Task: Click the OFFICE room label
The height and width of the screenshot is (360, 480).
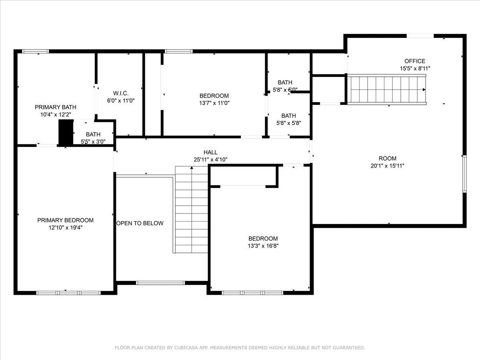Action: coord(415,61)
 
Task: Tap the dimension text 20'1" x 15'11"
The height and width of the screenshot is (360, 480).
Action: coord(387,166)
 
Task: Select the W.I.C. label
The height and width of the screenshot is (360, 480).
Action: coord(121,93)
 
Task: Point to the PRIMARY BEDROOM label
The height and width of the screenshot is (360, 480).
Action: coord(65,220)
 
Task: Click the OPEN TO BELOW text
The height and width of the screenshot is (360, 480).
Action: coord(140,223)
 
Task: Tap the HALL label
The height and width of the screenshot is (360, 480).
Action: coord(210,152)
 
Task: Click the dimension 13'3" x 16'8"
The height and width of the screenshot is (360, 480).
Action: coord(263,246)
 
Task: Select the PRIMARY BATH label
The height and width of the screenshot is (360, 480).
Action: coord(56,107)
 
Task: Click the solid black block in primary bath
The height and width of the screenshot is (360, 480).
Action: coord(66,132)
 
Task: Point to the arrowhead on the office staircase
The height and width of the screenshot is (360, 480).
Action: coord(424,90)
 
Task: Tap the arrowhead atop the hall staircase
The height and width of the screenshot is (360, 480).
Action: coord(192,168)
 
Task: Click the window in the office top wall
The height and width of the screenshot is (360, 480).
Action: coord(420,36)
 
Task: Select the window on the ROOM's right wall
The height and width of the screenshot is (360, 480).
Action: coord(464,174)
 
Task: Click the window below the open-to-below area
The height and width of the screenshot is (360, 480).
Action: coord(160,283)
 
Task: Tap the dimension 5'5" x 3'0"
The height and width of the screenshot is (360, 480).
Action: coord(93,142)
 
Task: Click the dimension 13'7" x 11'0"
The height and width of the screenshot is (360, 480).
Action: coord(214,103)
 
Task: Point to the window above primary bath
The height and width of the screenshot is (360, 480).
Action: coord(36,51)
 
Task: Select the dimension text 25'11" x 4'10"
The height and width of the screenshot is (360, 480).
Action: coord(210,160)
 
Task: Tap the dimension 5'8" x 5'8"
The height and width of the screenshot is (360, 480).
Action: coord(289,123)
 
